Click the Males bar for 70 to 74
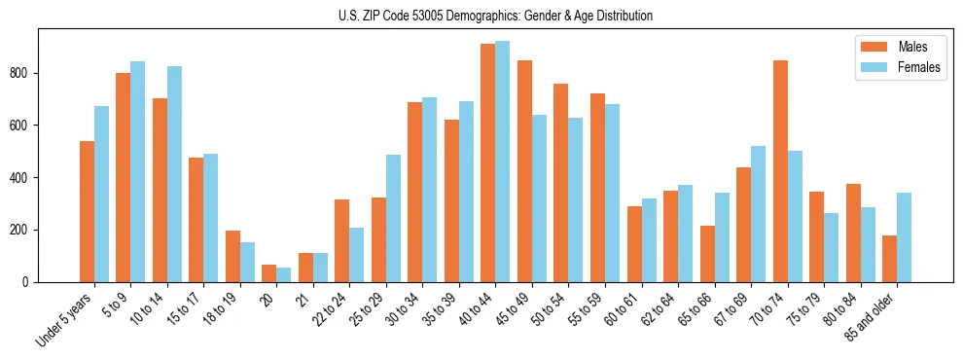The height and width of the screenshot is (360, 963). click(x=780, y=171)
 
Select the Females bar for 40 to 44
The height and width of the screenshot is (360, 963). click(x=503, y=162)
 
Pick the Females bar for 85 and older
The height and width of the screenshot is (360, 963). click(x=904, y=237)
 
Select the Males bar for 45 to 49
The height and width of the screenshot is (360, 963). click(x=524, y=171)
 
